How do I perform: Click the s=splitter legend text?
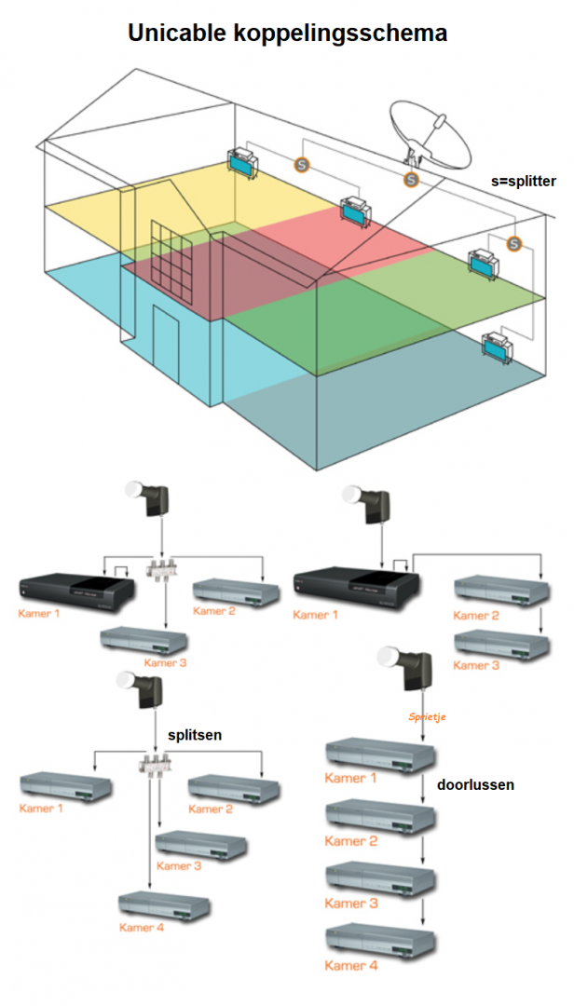click(524, 181)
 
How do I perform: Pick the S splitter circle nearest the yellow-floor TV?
click(301, 164)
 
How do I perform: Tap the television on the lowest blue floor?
click(496, 347)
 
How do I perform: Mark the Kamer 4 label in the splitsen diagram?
click(143, 927)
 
